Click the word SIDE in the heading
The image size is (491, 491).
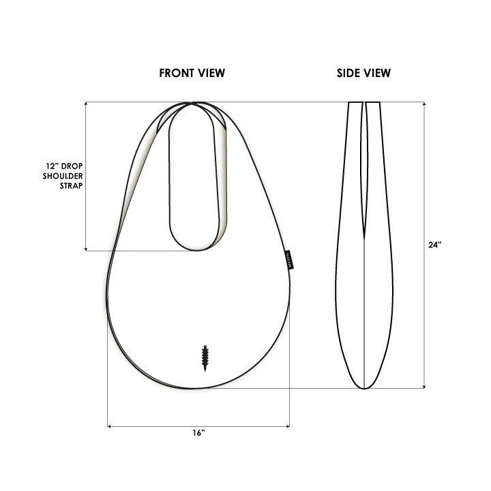coord(349,73)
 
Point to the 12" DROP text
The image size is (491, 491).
coord(64,166)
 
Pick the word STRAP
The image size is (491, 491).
coord(71,185)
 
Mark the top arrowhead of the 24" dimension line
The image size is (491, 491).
coord(425,104)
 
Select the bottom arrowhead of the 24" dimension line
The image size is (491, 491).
coord(425,387)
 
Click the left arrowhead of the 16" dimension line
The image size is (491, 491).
coord(110,427)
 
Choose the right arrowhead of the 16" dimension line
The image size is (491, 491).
coord(288,427)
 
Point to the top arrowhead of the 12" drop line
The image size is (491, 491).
coord(85,104)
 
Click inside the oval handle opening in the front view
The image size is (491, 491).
coord(198,177)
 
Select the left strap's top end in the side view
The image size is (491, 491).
coord(355,103)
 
